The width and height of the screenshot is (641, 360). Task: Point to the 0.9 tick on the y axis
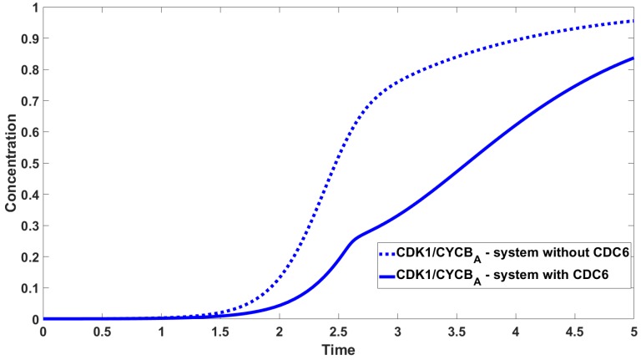coord(30,38)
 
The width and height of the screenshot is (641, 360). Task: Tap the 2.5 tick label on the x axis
coord(338,331)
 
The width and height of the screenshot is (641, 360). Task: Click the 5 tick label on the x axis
coord(633,331)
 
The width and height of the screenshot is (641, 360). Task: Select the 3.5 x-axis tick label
coord(457,331)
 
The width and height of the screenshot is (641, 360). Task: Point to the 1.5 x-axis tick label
coord(220,331)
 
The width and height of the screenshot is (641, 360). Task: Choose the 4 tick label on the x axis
coord(516,331)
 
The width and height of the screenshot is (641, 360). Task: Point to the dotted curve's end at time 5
coord(633,21)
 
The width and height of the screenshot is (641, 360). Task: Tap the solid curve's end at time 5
coord(633,58)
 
